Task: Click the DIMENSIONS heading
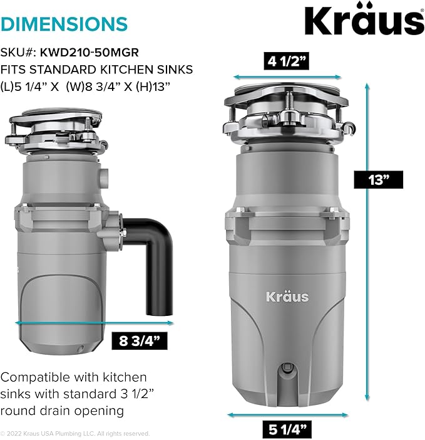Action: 64,24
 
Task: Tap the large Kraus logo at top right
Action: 364,19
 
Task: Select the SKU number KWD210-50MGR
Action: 90,53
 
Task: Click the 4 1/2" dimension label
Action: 286,61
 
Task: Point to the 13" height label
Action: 379,180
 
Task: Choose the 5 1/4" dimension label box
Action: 287,429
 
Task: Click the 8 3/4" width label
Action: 140,341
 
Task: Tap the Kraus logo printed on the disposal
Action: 287,296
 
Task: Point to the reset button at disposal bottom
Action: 287,367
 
